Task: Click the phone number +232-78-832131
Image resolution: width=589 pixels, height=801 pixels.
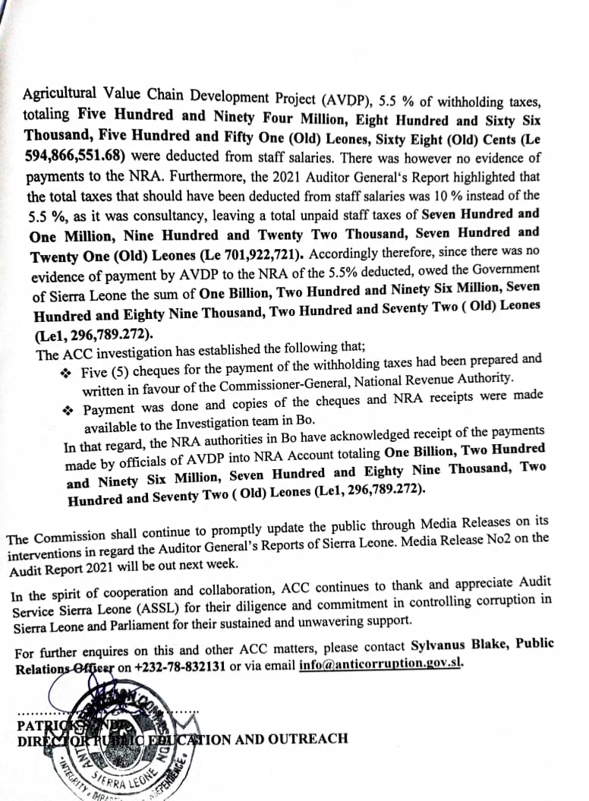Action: pyautogui.click(x=178, y=666)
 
